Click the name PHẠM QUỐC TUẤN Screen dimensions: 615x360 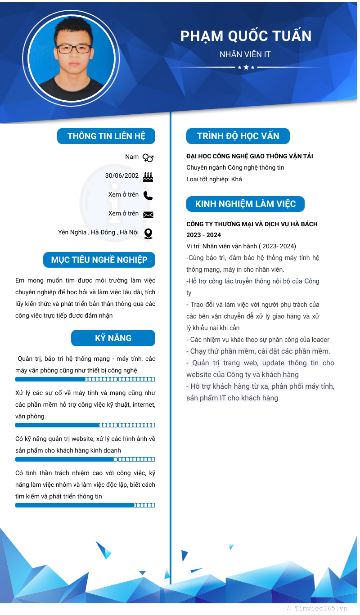(246, 36)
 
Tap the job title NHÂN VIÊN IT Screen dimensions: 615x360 (245, 54)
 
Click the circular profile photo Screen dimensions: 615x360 (71, 58)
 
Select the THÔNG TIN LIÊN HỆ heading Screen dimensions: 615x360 (106, 136)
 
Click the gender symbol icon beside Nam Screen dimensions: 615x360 (148, 157)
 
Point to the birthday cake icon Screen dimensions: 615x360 (148, 176)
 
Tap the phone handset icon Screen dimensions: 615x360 (148, 195)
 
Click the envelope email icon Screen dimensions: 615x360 (148, 215)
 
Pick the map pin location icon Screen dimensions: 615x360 (148, 233)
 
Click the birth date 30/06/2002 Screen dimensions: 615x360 (122, 175)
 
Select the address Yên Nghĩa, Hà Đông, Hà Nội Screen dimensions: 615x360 (98, 232)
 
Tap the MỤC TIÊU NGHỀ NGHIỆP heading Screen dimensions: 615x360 (99, 260)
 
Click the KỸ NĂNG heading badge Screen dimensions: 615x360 (113, 338)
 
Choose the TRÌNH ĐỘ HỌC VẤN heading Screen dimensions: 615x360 (238, 136)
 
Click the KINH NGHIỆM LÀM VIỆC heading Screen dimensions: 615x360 (245, 204)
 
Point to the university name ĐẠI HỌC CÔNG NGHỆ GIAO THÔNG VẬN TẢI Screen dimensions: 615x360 (250, 156)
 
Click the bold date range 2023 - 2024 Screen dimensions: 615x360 (204, 235)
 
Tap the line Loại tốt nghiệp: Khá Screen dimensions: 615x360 (214, 179)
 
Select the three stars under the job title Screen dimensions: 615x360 (246, 67)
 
